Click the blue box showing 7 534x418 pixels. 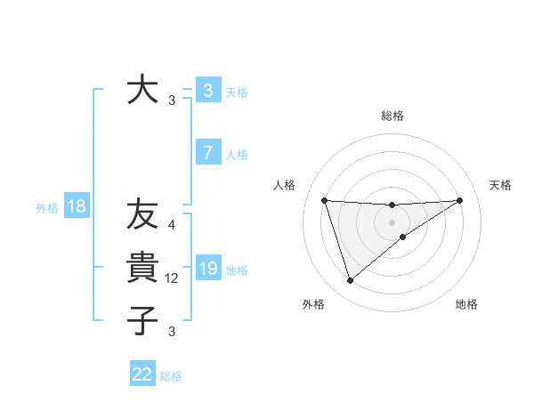click(207, 153)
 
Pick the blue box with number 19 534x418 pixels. click(207, 269)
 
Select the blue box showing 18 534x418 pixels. click(77, 207)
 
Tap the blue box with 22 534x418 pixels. click(142, 374)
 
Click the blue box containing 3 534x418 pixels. click(207, 90)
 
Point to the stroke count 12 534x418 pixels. click(173, 278)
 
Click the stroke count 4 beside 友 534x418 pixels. click(172, 225)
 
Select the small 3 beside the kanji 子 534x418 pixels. click(172, 332)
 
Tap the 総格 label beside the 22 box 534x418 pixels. click(171, 376)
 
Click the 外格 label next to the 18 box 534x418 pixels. click(47, 208)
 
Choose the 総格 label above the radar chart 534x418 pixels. click(392, 116)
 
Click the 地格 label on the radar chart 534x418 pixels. click(466, 304)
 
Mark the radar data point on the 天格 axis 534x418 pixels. click(460, 200)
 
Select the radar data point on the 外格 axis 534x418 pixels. click(350, 281)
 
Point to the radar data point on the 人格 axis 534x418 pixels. click(324, 200)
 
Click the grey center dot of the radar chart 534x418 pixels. click(392, 221)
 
